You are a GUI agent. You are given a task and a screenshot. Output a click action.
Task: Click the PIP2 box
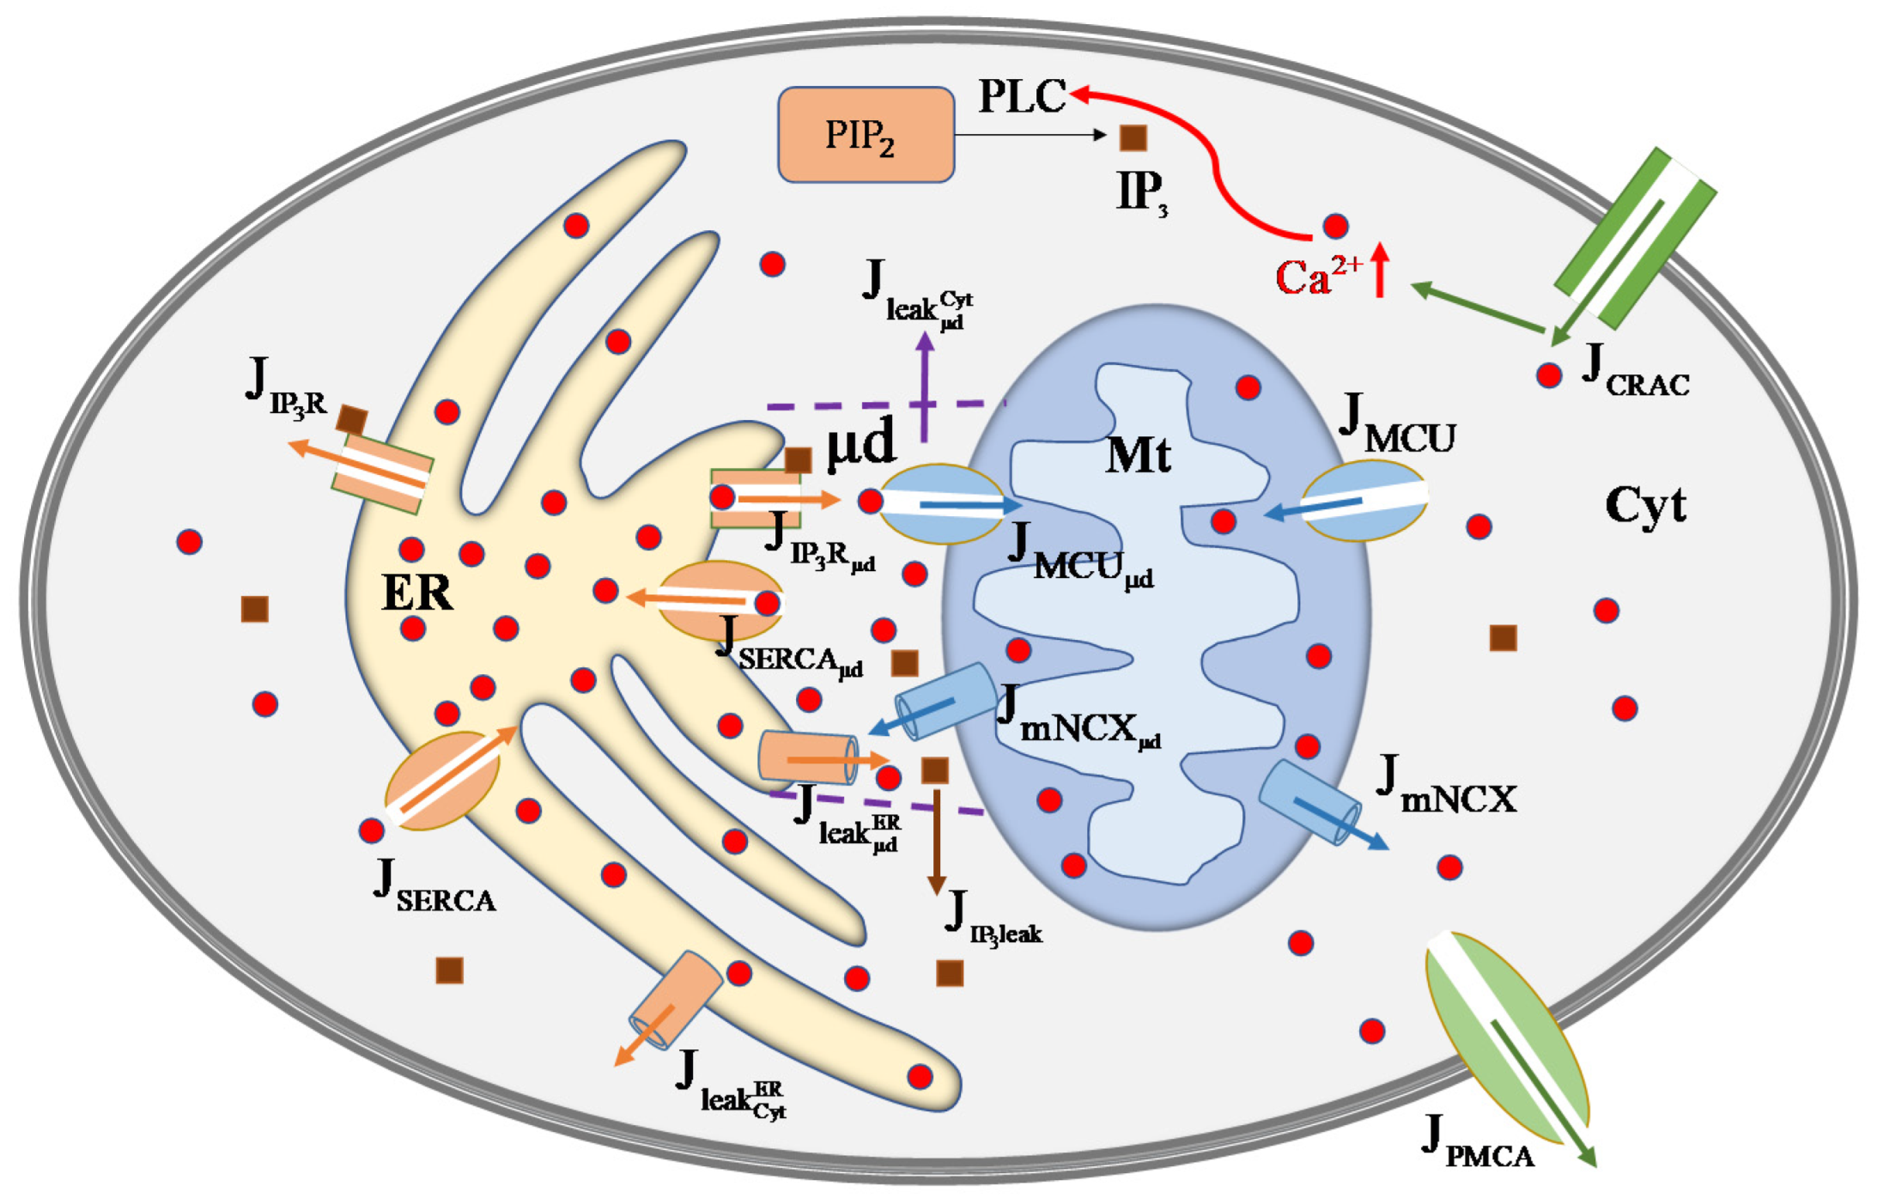pos(866,135)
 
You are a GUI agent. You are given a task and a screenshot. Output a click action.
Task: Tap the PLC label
pos(1022,96)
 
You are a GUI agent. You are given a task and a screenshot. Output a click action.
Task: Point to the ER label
pos(416,593)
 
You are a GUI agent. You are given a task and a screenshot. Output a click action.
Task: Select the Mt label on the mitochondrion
pos(1138,454)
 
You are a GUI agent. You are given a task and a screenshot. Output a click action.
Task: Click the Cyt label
pos(1644,505)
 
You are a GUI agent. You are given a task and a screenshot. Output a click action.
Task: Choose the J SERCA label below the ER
pos(434,889)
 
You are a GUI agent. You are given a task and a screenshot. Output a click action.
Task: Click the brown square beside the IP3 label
pos(1133,137)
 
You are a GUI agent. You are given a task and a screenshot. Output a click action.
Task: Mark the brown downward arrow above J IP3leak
pos(936,842)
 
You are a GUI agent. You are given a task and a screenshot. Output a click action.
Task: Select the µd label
pos(860,444)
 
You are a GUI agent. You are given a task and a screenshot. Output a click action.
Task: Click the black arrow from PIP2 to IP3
pos(1030,135)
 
